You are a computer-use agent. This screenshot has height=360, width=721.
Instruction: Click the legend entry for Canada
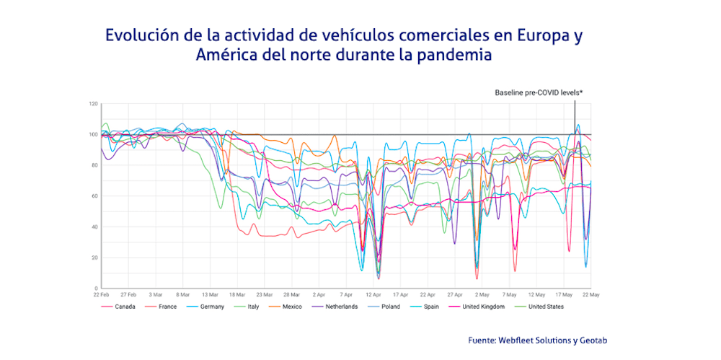(x=125, y=307)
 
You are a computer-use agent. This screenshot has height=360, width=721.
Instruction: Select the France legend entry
(x=167, y=307)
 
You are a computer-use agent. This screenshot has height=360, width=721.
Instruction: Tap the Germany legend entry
(x=212, y=307)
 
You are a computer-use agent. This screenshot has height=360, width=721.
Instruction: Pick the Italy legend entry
(x=253, y=307)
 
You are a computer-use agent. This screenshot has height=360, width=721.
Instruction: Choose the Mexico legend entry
(x=291, y=307)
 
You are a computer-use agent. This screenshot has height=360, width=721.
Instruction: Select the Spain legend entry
(x=430, y=307)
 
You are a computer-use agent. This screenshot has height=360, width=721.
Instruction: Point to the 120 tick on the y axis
(x=93, y=104)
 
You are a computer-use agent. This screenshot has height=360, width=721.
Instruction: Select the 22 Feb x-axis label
(x=101, y=294)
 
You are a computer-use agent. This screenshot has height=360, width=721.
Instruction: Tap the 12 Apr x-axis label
(x=373, y=294)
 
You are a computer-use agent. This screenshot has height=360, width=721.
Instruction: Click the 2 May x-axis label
(x=482, y=294)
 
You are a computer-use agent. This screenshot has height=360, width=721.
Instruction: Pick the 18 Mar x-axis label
(x=236, y=294)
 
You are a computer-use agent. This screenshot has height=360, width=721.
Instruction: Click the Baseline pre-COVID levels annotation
(x=538, y=92)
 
